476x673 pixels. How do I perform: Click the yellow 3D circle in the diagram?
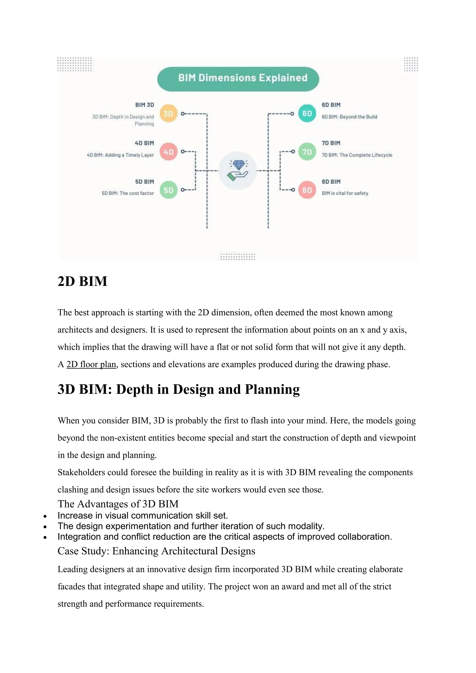pos(169,113)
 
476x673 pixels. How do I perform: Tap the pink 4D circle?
pos(169,152)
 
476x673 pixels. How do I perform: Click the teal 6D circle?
pos(307,113)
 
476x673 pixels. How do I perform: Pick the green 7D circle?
pos(307,152)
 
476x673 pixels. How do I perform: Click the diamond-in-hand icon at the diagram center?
pos(238,171)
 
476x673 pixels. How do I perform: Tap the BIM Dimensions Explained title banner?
pos(238,79)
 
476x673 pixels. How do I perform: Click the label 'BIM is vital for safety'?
pos(345,193)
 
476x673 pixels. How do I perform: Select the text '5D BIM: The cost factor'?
pos(128,193)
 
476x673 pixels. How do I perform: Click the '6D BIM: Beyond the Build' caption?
pos(349,117)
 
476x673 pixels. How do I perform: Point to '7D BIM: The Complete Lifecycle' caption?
pos(357,155)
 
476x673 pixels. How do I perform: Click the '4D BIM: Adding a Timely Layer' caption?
pos(120,155)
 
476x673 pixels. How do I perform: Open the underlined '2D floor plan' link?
pos(91,364)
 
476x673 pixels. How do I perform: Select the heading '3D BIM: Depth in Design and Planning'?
pos(178,389)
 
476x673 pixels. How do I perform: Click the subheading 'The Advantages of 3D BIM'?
pos(118,504)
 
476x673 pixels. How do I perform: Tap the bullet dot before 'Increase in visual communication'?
pos(45,516)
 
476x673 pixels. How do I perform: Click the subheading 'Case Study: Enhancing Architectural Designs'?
pos(156,551)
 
